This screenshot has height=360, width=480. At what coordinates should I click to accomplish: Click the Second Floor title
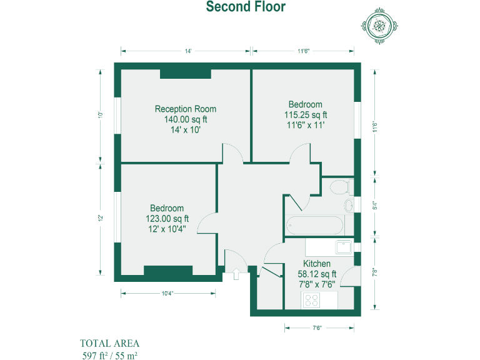coord(246,7)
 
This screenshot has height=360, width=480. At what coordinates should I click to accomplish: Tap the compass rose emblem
coord(379,26)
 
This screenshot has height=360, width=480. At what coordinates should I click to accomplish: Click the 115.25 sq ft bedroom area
coord(306,115)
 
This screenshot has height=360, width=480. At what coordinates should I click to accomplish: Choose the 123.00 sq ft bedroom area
coord(167,219)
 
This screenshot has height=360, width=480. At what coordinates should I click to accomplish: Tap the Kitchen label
coord(317,264)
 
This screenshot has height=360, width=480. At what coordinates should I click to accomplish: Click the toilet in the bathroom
coord(339,186)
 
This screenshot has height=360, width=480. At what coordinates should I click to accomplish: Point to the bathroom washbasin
coord(349,206)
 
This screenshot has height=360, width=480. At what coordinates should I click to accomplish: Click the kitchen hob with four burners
coord(311,301)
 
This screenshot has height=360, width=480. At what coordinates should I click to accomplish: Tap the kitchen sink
coord(344,247)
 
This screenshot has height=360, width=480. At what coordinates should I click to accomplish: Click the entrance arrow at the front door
coord(236,274)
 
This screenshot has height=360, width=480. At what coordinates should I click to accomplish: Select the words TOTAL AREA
coord(109,343)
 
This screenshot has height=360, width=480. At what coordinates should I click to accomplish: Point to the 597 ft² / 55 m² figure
coord(109,355)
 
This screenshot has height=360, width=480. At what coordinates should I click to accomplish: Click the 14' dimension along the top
coord(187,51)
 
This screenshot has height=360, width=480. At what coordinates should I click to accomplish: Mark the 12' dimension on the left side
coord(99,218)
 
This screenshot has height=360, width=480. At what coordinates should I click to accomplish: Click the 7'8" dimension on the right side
coord(374,272)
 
